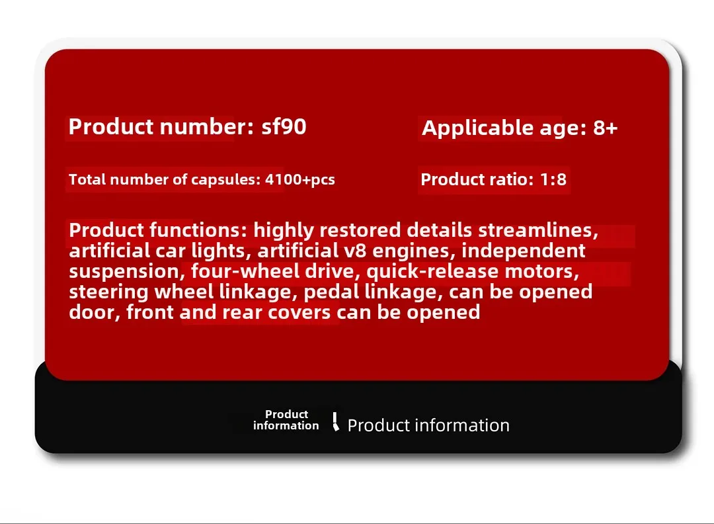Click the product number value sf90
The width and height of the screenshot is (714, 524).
click(284, 126)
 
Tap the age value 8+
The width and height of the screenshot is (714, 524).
click(605, 128)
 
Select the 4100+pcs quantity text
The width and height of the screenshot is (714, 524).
click(300, 179)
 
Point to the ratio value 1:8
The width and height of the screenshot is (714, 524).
click(553, 179)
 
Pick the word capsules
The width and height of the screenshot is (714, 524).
click(225, 179)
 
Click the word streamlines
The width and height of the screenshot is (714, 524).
click(538, 230)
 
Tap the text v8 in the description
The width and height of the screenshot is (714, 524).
click(356, 251)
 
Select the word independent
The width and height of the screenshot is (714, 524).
click(523, 251)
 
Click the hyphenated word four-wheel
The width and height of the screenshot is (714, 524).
click(245, 271)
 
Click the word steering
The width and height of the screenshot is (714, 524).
click(109, 292)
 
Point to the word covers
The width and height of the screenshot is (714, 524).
click(299, 312)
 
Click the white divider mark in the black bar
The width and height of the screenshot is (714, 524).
click(336, 421)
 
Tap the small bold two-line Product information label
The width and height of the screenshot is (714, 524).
click(286, 419)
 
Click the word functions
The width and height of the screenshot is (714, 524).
click(198, 230)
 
